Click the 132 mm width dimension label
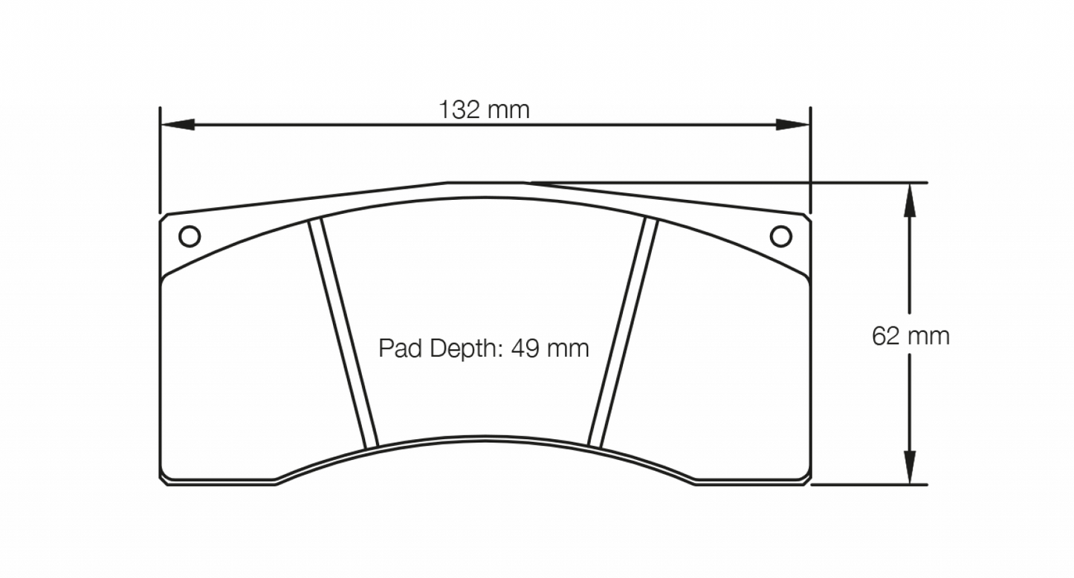[x=484, y=111]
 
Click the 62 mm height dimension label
[x=910, y=337]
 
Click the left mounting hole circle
[x=190, y=236]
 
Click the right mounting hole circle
[x=780, y=236]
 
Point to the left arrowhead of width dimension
[x=177, y=125]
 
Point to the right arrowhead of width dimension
[x=792, y=125]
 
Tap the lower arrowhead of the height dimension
[x=908, y=468]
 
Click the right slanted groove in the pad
[x=624, y=334]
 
